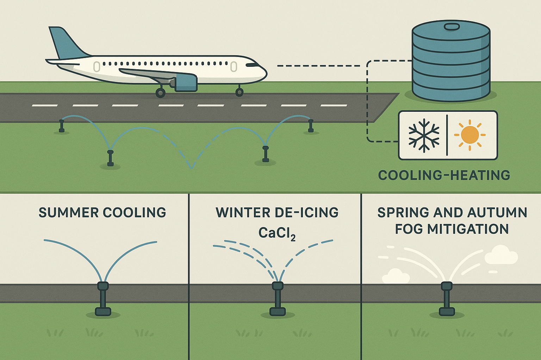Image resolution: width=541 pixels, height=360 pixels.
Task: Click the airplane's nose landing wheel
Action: (239, 92)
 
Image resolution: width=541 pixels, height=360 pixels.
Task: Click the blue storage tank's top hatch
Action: (452, 27)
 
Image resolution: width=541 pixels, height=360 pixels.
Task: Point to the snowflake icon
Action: (424, 135)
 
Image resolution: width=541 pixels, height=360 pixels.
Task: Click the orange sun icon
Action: (470, 135)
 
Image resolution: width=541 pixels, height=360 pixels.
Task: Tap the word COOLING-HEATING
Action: (444, 175)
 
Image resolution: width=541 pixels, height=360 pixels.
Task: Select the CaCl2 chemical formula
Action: (277, 233)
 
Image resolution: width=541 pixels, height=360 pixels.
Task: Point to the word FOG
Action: (409, 229)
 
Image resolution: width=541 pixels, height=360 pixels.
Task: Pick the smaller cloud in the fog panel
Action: (396, 276)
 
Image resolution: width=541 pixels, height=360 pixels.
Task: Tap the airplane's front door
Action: (233, 66)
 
